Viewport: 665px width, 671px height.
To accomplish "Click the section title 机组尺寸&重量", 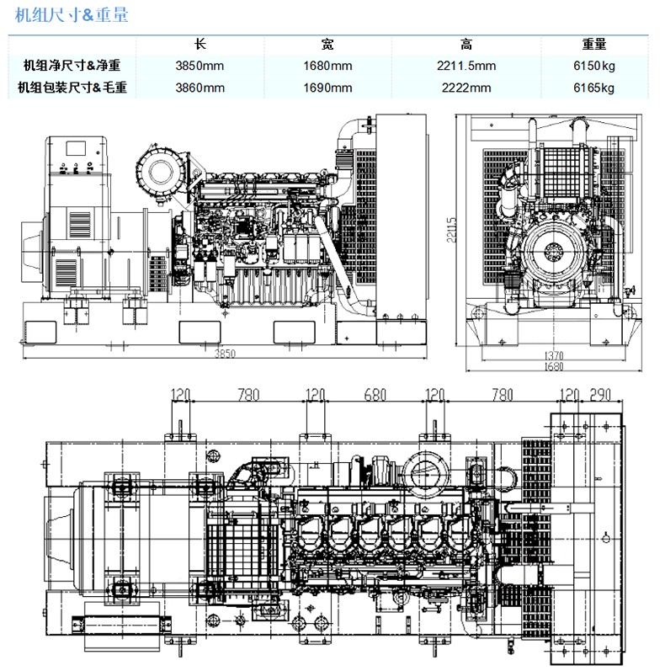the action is (x=72, y=15).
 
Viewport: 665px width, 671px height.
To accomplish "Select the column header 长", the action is (x=199, y=44).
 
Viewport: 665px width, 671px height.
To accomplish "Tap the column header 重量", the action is (x=594, y=44).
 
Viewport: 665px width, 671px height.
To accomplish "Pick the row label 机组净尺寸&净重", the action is (x=72, y=66).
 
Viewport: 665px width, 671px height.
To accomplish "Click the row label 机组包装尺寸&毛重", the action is (x=72, y=88).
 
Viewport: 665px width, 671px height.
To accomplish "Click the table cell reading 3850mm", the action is (x=199, y=66).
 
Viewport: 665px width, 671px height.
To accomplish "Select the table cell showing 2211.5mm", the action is (x=466, y=66).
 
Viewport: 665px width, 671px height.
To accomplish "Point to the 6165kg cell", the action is (x=594, y=88).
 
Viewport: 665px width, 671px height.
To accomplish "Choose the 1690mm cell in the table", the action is (x=327, y=88).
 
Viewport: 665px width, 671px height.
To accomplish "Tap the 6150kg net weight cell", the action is (x=594, y=66).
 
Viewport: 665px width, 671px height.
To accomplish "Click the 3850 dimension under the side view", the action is (x=225, y=354).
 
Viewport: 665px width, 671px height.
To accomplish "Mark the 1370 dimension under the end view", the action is (x=554, y=355).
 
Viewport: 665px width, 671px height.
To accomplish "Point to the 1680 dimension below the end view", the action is (x=554, y=366).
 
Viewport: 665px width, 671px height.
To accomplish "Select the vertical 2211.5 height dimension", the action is (x=451, y=230).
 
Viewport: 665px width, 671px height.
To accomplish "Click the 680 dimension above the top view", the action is (x=375, y=395).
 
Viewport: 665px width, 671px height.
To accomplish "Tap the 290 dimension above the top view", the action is (x=600, y=395).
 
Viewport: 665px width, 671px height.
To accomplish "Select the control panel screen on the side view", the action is (x=76, y=148).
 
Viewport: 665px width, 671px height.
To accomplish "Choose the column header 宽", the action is (x=327, y=44).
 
